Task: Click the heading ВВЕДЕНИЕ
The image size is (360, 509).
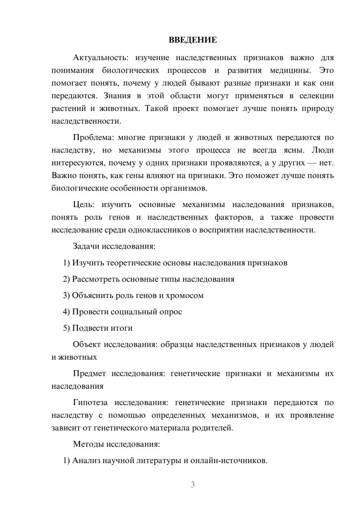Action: pos(193,40)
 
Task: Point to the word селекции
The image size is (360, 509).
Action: pos(316,96)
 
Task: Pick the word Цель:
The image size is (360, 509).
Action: pos(84,205)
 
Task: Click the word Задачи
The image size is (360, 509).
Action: pos(86,247)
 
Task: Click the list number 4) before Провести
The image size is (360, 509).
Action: pos(66,312)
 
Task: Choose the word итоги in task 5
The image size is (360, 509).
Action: pos(122,328)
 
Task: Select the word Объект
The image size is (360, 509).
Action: pos(87,344)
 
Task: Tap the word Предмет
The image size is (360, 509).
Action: pos(89,374)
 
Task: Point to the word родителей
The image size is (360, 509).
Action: pos(215,428)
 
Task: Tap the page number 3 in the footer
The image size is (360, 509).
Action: pos(193,485)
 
